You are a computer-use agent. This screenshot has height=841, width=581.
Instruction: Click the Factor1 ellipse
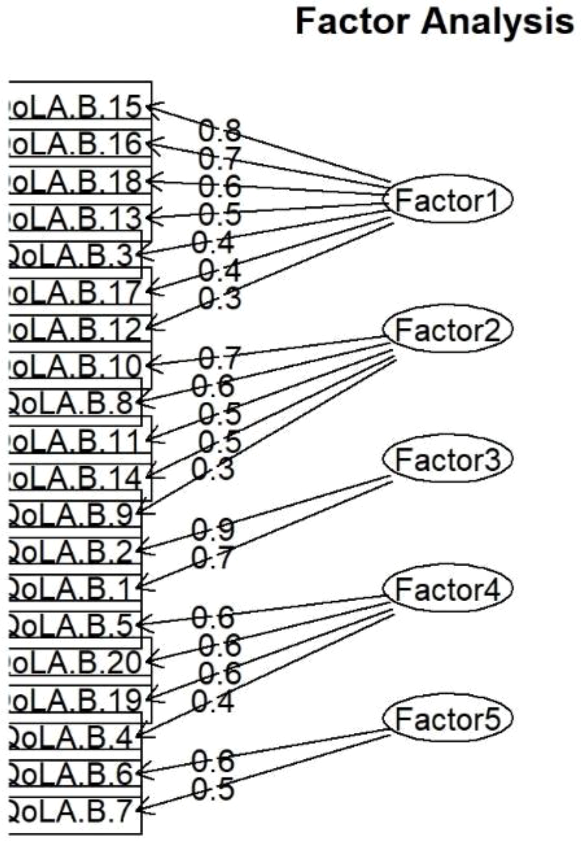click(447, 200)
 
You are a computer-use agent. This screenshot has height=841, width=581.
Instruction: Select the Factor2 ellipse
click(447, 330)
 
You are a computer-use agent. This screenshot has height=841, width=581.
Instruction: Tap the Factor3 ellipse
click(447, 459)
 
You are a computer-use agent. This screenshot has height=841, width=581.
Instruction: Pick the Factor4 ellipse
click(447, 589)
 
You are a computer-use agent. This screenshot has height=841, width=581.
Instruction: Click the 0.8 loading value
click(220, 130)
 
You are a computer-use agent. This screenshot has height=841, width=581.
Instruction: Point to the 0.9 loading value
click(213, 529)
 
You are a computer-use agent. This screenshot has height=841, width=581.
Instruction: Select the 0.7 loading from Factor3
click(213, 558)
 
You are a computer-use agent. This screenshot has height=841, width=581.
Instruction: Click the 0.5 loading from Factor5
click(213, 789)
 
